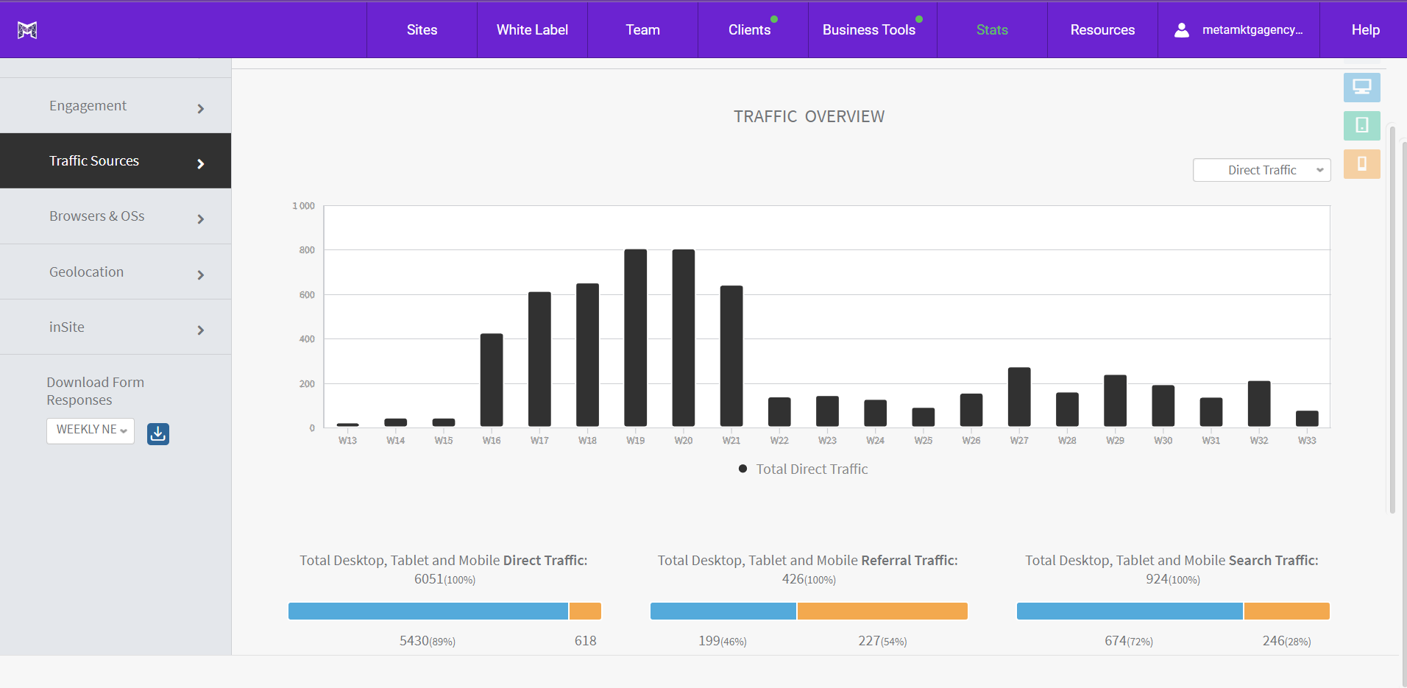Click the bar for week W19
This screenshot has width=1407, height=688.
[x=635, y=338]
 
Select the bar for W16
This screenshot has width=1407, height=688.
[x=492, y=380]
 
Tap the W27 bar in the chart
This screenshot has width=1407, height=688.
[x=1019, y=397]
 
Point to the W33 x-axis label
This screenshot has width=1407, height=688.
[x=1306, y=441]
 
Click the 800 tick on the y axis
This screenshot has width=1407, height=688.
[x=307, y=250]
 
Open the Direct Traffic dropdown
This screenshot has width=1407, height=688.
[x=1261, y=170]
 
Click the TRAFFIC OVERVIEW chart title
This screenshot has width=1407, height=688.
[x=809, y=117]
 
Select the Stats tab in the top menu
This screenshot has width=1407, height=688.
[x=991, y=30]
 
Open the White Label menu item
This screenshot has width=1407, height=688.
[x=532, y=30]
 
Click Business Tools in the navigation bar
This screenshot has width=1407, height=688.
[x=868, y=30]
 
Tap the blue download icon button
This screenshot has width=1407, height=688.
[x=158, y=434]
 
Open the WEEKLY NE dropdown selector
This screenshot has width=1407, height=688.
[x=91, y=430]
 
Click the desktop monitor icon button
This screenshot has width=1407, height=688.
[x=1361, y=88]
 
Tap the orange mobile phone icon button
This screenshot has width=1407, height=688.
[x=1361, y=164]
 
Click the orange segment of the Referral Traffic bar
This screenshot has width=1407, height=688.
[x=882, y=611]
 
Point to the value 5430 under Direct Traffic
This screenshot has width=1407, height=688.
[x=414, y=641]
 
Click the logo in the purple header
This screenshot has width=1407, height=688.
[x=27, y=30]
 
